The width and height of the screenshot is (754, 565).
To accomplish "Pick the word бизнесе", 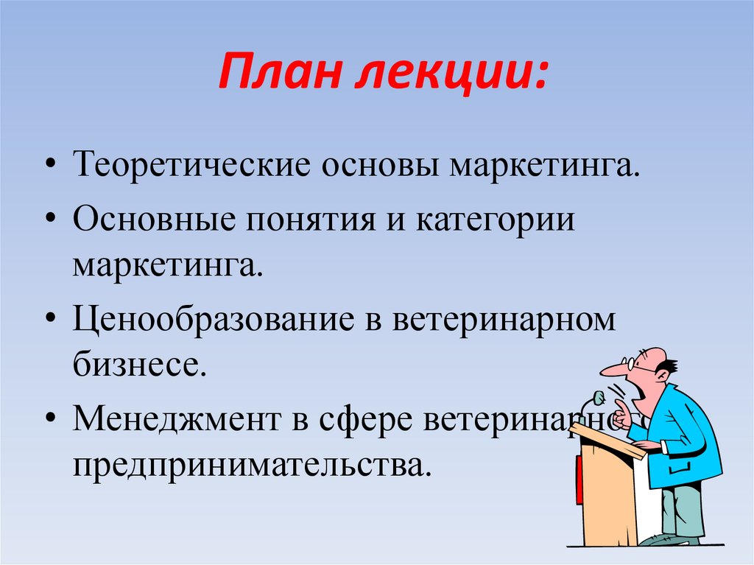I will (137, 364).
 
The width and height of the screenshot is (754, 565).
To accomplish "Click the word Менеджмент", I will (181, 421).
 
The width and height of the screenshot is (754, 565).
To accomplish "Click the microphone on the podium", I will (598, 399).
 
